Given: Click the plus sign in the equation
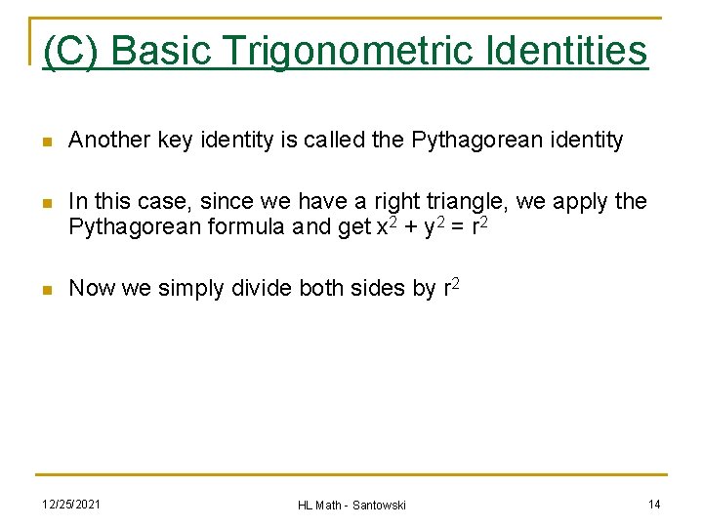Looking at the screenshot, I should [406, 228].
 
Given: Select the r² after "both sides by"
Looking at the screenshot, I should [451, 287].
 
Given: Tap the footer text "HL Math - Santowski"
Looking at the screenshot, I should [351, 505].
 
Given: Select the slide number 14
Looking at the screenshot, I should [654, 504].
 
